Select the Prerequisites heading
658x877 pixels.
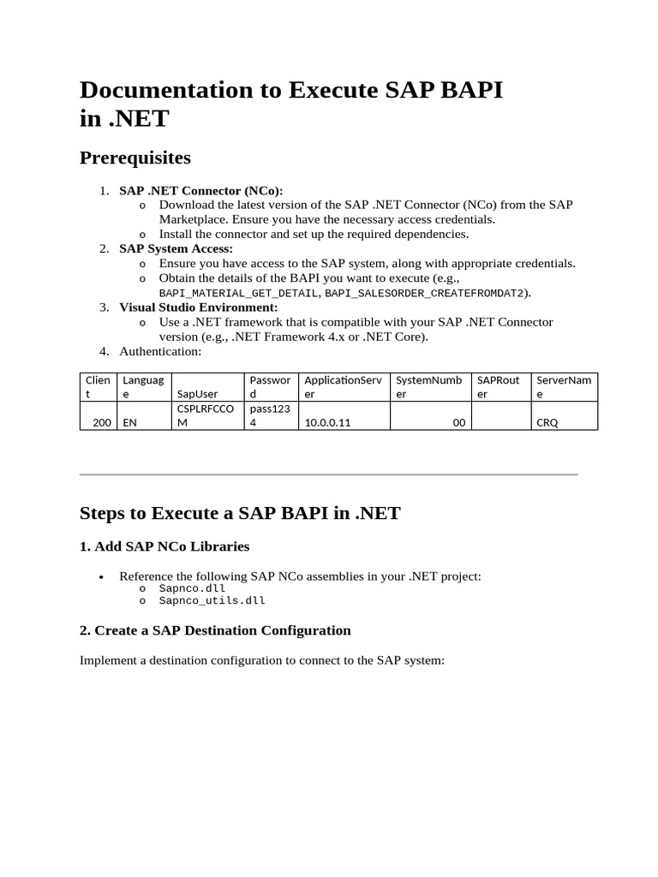135,158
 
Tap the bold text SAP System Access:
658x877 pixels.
176,248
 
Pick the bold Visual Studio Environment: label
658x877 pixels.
199,307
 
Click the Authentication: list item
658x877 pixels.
160,351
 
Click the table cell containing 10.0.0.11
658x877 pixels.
328,423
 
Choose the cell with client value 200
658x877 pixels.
101,423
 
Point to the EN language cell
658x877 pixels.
130,423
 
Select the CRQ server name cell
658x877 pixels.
547,423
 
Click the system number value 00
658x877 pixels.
458,423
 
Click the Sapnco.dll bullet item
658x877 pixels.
192,588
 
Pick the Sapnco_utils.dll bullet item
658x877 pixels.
212,600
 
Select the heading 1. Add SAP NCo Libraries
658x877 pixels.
164,546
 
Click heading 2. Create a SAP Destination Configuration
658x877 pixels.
215,630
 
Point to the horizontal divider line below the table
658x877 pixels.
329,474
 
